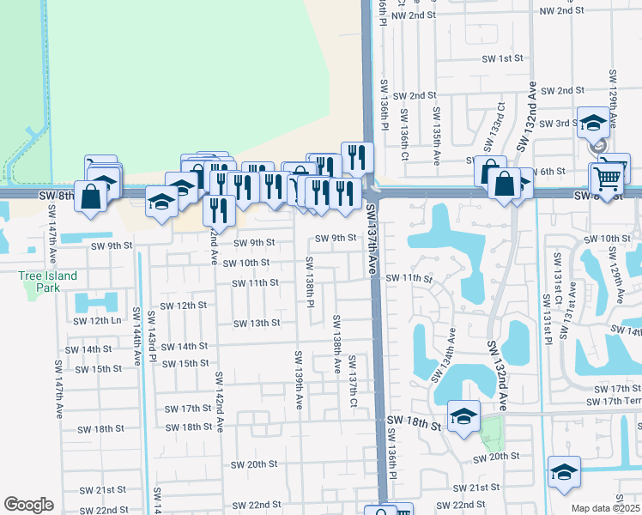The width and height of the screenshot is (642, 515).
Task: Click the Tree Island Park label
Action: pyautogui.click(x=49, y=281)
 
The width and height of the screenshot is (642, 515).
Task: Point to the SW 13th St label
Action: pyautogui.click(x=257, y=323)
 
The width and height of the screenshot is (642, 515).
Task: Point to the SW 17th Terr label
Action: pyautogui.click(x=612, y=401)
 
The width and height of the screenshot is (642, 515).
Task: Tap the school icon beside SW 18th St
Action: pyautogui.click(x=463, y=417)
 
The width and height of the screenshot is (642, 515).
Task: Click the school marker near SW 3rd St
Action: pyautogui.click(x=593, y=123)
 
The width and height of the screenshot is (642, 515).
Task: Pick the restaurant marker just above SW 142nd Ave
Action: pyautogui.click(x=218, y=209)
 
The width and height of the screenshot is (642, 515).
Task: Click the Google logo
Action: pyautogui.click(x=28, y=504)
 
